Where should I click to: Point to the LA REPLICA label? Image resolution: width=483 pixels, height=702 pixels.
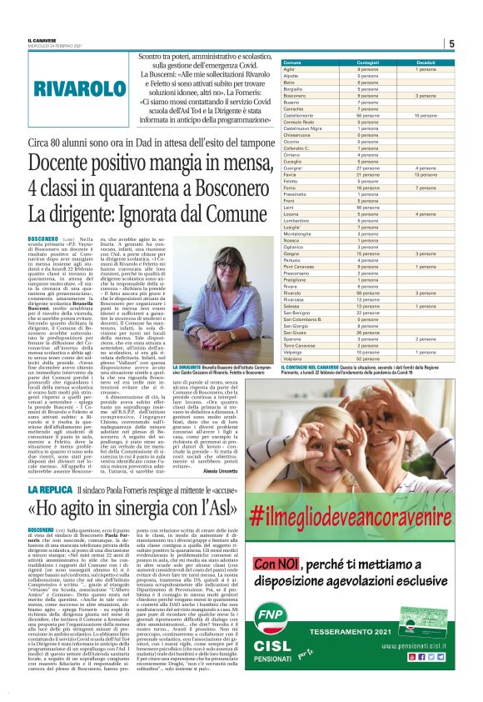coord(73,489)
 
